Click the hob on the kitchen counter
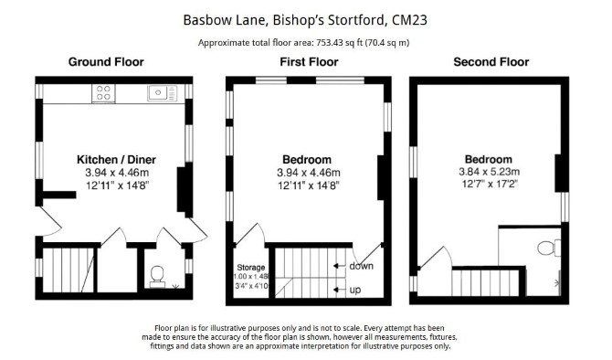tap(103, 93)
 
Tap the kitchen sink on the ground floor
tap(163, 93)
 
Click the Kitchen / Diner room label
tap(116, 160)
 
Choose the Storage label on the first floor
tap(251, 268)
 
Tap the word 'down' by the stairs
tap(361, 266)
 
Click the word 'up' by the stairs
tap(354, 291)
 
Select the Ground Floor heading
tap(106, 62)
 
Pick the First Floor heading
tap(309, 62)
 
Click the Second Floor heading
tap(491, 62)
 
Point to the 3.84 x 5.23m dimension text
tap(489, 172)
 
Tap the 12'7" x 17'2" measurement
tap(490, 184)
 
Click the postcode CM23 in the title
tap(409, 20)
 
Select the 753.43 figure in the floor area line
tap(330, 43)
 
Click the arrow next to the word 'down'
tap(340, 266)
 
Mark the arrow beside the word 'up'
tap(340, 290)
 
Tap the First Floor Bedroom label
tap(307, 160)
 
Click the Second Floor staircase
tap(486, 282)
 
